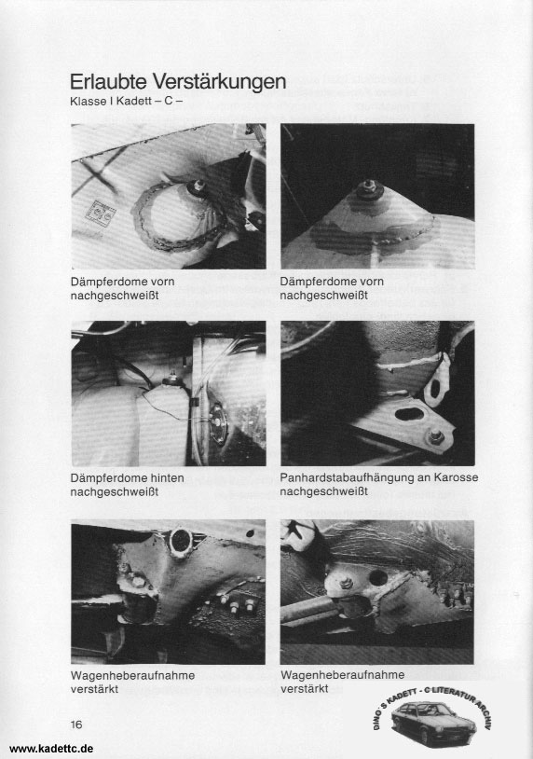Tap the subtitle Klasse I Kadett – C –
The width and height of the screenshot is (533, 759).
[126, 103]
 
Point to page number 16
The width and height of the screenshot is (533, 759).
[76, 724]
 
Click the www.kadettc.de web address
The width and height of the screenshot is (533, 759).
[51, 749]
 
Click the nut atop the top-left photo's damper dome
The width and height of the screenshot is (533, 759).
[198, 186]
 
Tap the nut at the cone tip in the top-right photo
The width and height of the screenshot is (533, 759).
[369, 186]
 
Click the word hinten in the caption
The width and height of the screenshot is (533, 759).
[167, 477]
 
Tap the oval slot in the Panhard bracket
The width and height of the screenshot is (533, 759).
[407, 414]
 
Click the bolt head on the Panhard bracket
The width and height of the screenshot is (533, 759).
[436, 437]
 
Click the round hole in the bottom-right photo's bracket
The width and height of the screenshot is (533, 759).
[377, 577]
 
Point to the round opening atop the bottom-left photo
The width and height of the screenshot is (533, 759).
[181, 540]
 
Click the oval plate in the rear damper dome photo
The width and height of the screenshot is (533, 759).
[218, 422]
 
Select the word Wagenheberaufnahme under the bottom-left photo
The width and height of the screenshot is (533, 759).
[132, 675]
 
